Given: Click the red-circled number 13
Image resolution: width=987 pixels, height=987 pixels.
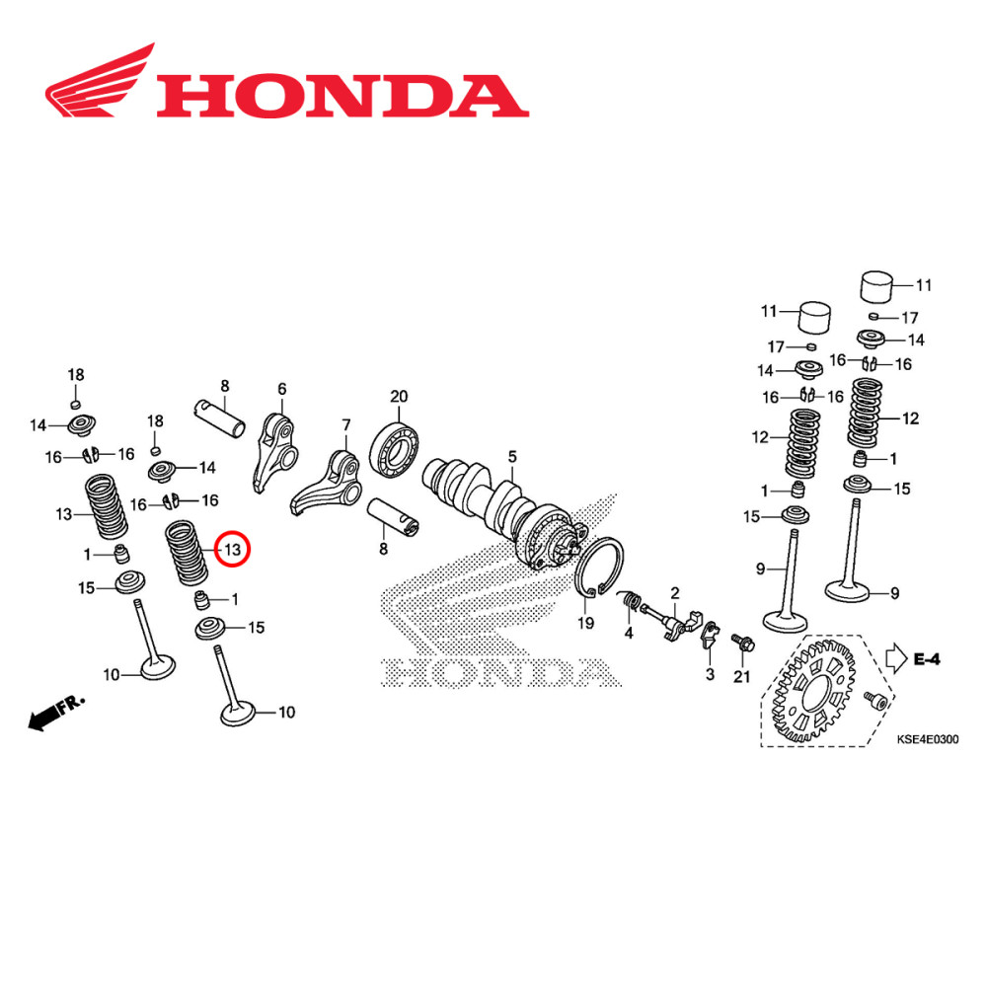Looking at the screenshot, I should click(233, 549).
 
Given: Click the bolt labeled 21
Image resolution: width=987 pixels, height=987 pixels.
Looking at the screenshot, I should click(739, 644).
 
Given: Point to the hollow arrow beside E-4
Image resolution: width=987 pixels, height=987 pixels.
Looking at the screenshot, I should click(895, 657).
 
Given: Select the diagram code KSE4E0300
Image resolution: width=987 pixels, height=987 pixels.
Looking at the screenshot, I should click(927, 738).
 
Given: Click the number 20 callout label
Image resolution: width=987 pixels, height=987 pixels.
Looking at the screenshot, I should click(399, 397).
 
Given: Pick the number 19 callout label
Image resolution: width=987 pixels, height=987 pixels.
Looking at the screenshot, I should click(585, 624).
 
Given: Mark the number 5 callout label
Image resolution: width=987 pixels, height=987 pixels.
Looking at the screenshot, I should click(512, 456).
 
